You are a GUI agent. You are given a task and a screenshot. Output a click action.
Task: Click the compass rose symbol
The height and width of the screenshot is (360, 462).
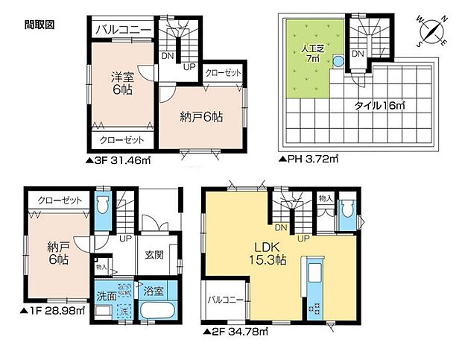point(431,32)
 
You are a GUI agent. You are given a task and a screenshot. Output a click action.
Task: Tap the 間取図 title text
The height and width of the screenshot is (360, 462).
point(39,25)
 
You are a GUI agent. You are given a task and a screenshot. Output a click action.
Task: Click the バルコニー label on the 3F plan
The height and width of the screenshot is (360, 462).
point(124,31)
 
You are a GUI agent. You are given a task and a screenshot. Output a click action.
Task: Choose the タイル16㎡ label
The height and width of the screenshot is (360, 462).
point(379,107)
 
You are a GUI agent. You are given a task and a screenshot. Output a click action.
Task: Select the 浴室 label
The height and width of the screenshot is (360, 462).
point(156,290)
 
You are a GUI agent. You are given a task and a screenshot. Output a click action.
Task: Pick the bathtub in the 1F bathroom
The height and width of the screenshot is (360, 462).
point(156,312)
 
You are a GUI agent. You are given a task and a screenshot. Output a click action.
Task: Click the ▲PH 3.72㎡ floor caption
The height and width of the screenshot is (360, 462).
point(308,159)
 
